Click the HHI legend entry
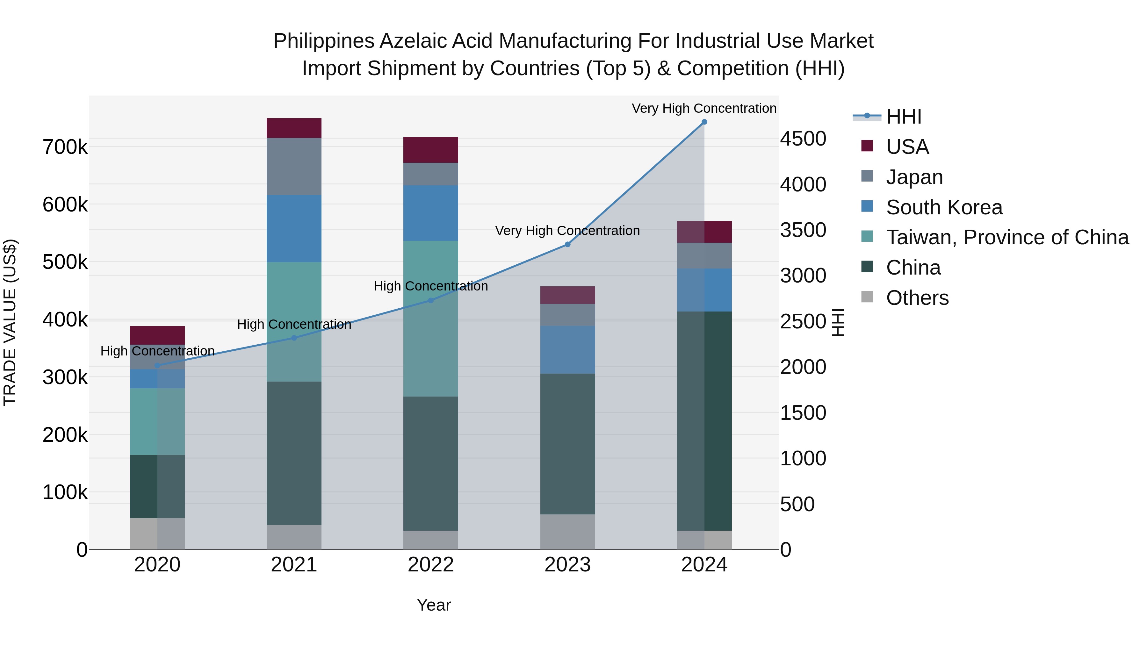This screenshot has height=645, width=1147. tap(904, 117)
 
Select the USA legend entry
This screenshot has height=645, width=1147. tap(907, 147)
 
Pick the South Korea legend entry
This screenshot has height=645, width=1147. tap(944, 207)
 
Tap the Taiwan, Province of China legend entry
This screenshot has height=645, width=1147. tap(1007, 237)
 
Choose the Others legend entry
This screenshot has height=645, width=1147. tap(917, 298)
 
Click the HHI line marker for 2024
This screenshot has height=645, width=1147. tap(704, 122)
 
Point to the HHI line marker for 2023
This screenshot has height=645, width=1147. tap(567, 244)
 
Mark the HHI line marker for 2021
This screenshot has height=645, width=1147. tap(294, 338)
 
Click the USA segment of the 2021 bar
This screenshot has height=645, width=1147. tap(294, 128)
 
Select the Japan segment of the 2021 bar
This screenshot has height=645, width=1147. tap(294, 167)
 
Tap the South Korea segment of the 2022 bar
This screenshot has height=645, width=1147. tap(430, 213)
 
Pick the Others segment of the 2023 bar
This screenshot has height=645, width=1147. tap(567, 532)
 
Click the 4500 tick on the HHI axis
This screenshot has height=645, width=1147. tap(803, 139)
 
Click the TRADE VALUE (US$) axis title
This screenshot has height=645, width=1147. tap(10, 322)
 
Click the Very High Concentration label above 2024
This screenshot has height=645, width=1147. tap(704, 108)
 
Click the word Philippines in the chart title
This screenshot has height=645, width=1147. tap(324, 41)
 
